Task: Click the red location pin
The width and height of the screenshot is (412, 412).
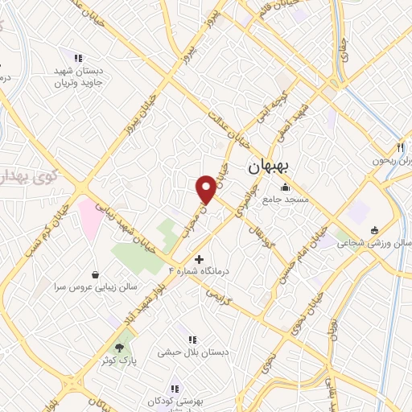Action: coord(206,188)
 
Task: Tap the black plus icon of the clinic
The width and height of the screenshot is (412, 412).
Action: coord(200,258)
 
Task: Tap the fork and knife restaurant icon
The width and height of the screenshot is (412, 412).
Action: coord(399,147)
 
